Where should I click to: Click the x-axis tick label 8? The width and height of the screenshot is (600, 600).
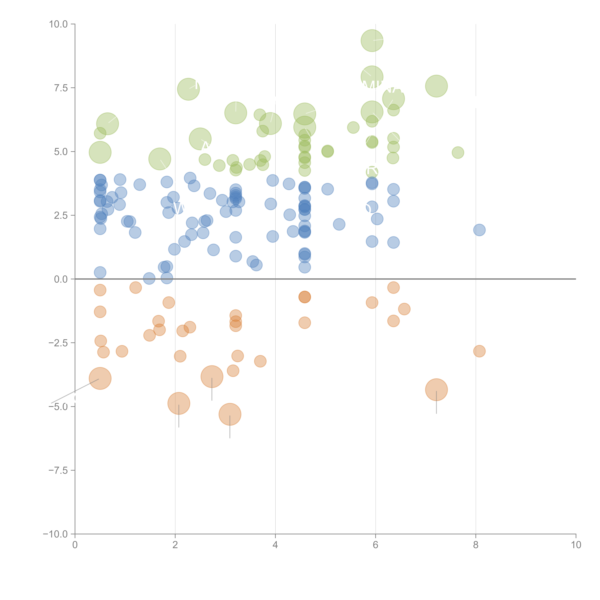click(476, 545)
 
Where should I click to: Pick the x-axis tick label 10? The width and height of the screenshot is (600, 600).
click(576, 545)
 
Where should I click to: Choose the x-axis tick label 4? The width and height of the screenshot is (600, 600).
click(275, 545)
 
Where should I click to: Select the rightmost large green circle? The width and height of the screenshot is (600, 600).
click(436, 86)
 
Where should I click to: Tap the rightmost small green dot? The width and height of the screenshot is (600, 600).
click(458, 153)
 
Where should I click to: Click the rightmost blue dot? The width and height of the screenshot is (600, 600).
click(479, 230)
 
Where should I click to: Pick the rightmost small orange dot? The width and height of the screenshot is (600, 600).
click(479, 351)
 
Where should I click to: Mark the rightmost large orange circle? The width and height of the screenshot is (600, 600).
click(436, 390)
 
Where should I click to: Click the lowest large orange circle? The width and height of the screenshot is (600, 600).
click(230, 414)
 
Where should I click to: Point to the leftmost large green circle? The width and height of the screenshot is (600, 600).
click(100, 152)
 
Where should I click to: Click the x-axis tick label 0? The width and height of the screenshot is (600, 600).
click(75, 545)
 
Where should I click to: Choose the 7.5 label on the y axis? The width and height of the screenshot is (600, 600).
click(61, 88)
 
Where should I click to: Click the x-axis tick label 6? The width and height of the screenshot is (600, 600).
click(375, 545)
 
